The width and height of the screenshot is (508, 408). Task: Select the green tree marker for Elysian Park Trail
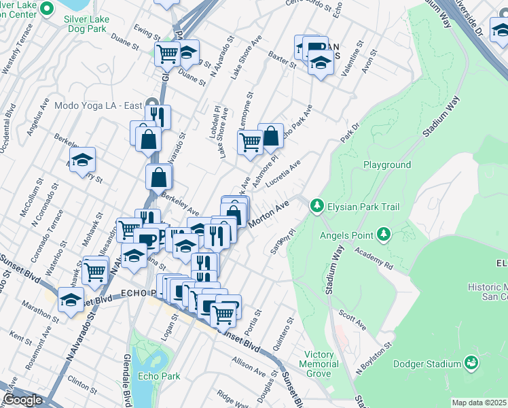point(316,205)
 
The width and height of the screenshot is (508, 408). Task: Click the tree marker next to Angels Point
point(384,235)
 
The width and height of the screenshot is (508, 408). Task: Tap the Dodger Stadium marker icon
point(470,364)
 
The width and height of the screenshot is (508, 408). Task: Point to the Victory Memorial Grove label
point(319,364)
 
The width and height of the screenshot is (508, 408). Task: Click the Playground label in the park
point(386,165)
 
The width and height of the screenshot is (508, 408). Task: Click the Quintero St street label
point(283,329)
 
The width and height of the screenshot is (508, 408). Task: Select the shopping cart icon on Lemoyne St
point(250,141)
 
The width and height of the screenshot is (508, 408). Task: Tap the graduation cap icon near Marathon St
point(71,299)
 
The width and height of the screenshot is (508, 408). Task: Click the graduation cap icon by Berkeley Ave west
point(82,160)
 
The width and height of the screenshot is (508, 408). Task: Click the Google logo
point(22,400)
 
